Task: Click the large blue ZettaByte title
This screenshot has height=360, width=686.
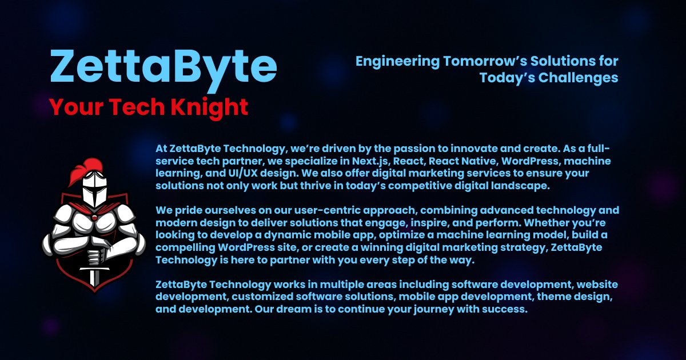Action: coord(163,67)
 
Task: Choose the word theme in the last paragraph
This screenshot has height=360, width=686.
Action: coord(542,297)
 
